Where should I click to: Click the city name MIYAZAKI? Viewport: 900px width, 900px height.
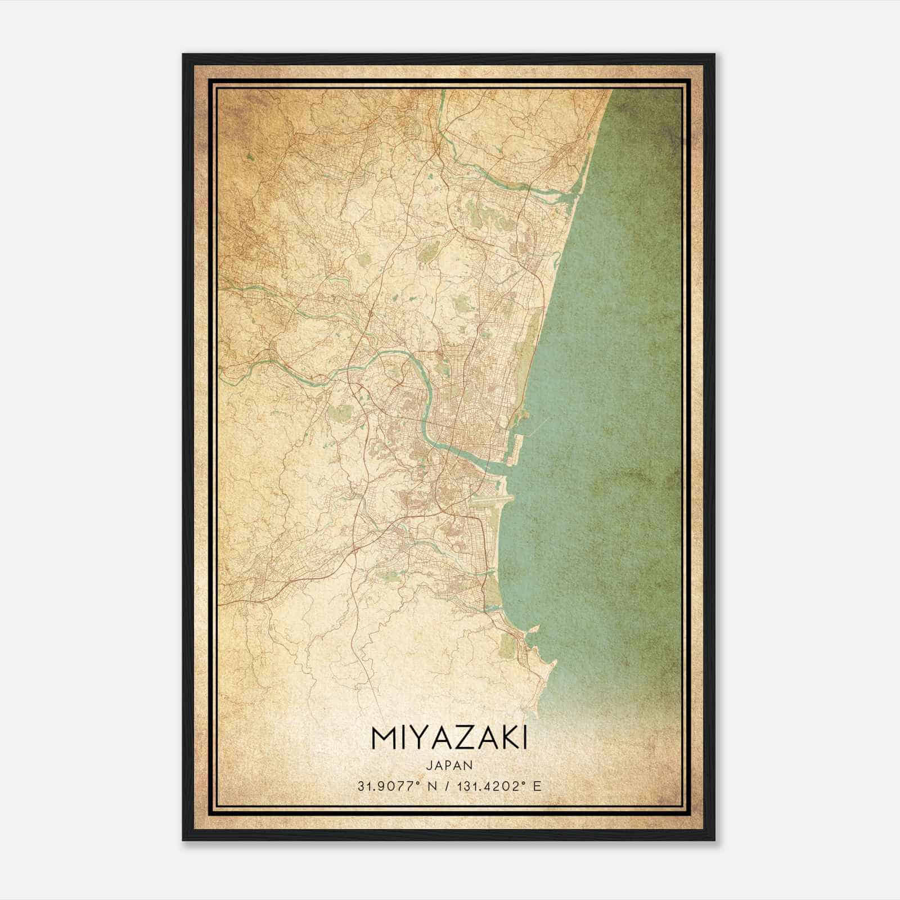[449, 739]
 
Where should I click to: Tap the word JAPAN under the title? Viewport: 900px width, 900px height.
[449, 765]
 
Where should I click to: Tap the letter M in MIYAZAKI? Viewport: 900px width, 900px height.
[382, 739]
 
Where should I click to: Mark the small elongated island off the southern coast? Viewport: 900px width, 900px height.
[534, 629]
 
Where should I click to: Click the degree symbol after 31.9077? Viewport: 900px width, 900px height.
[412, 782]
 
